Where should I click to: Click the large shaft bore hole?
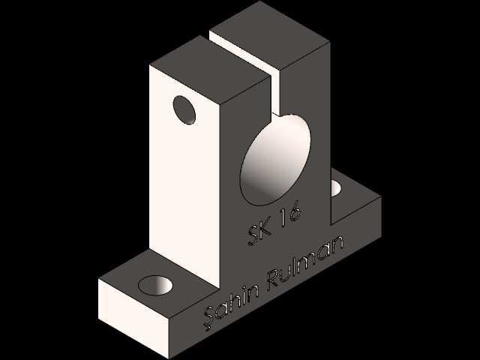pyautogui.click(x=275, y=159)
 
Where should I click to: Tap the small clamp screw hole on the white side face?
pyautogui.click(x=184, y=110)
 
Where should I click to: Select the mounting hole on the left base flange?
pyautogui.click(x=155, y=285)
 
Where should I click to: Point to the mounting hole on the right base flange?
pyautogui.click(x=336, y=187)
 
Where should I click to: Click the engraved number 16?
pyautogui.click(x=289, y=214)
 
